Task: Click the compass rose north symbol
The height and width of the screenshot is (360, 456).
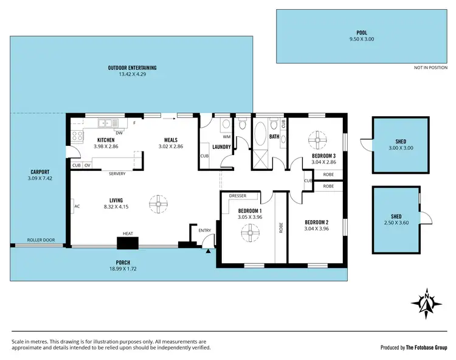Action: tap(427, 301)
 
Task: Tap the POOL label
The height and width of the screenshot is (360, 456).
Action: tap(362, 33)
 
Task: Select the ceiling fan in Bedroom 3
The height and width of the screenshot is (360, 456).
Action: tap(316, 139)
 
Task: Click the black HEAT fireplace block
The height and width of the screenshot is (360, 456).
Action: tap(128, 243)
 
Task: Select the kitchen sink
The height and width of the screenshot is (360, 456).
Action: tap(109, 123)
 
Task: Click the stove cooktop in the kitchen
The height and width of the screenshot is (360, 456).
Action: tap(77, 136)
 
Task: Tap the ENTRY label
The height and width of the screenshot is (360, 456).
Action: tap(204, 230)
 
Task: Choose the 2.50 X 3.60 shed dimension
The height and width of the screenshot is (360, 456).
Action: tap(396, 223)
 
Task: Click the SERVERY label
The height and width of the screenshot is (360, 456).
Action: tap(117, 174)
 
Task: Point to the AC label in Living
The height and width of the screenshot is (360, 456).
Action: tap(77, 207)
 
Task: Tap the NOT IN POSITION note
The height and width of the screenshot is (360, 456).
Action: tap(430, 67)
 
